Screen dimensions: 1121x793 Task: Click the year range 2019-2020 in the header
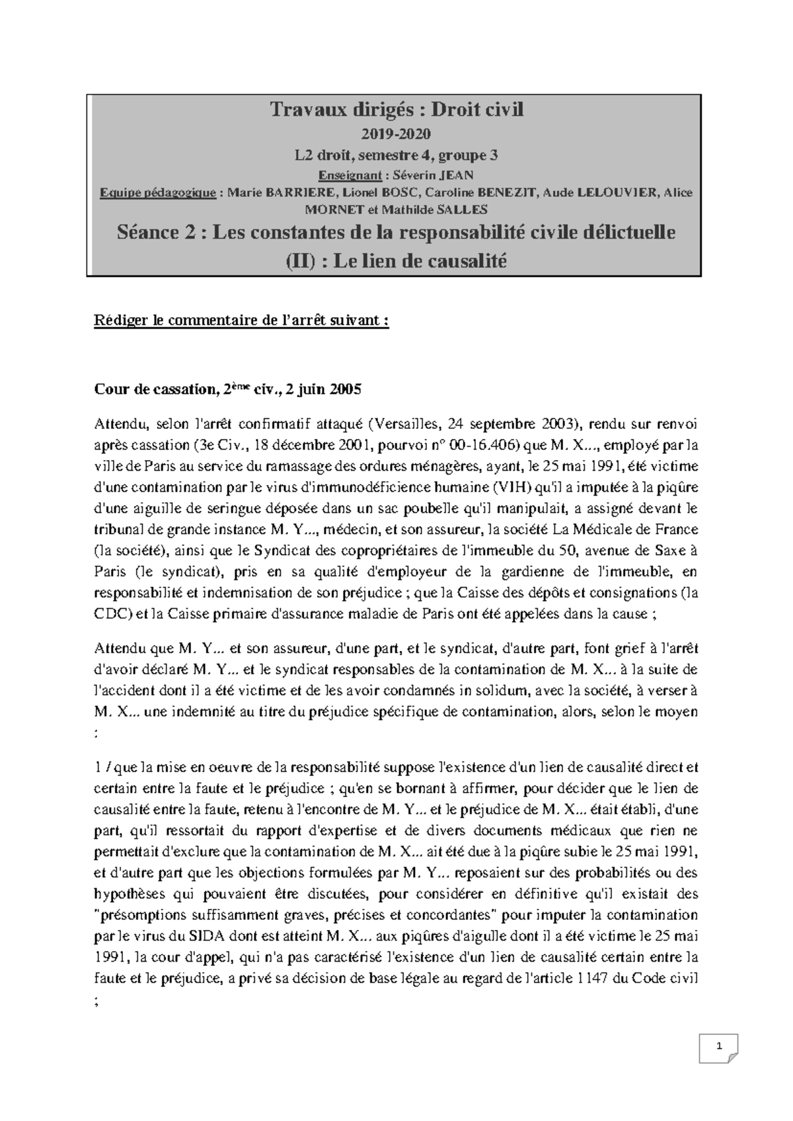[x=396, y=134]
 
